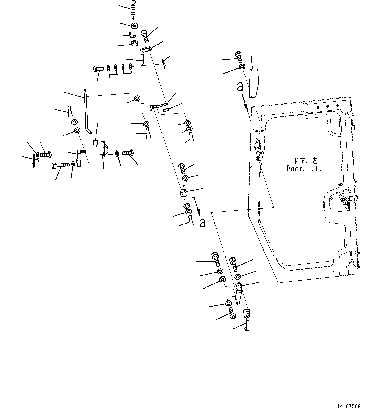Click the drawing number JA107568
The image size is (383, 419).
(348, 407)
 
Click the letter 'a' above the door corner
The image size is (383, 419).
(240, 87)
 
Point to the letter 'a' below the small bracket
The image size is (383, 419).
(203, 223)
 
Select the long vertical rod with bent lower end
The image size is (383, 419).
(87, 112)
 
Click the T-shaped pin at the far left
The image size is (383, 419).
(34, 161)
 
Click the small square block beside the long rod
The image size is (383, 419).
(95, 142)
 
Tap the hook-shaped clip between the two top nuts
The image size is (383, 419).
(133, 35)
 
